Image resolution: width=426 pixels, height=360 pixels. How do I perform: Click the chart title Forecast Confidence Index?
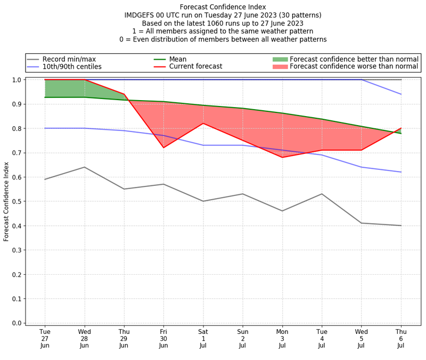(x=223, y=7)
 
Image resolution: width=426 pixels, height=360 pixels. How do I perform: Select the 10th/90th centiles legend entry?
(x=72, y=67)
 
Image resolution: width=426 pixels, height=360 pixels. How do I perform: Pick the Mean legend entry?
(x=178, y=59)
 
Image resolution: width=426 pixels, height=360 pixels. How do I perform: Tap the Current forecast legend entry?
(x=195, y=67)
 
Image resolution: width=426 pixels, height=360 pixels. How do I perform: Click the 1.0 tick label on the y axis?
(x=16, y=80)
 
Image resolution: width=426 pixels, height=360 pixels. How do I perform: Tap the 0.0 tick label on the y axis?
(x=16, y=323)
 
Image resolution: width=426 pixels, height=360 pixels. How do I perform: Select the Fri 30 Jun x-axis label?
(x=163, y=338)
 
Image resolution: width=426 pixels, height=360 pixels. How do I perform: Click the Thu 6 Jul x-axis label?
(x=401, y=338)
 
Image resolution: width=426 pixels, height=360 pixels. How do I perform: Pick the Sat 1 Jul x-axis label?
(x=203, y=338)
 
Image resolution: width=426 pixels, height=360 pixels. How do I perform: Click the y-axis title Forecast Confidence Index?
(x=6, y=201)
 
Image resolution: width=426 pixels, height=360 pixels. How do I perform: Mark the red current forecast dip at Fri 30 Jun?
(x=163, y=148)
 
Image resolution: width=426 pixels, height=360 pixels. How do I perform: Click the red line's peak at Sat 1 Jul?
(x=203, y=124)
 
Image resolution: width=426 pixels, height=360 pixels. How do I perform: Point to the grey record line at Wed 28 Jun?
(x=85, y=167)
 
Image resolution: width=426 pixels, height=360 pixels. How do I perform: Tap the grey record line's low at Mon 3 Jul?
(x=282, y=211)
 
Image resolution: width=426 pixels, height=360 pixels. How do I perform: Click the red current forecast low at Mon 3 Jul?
(x=282, y=157)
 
